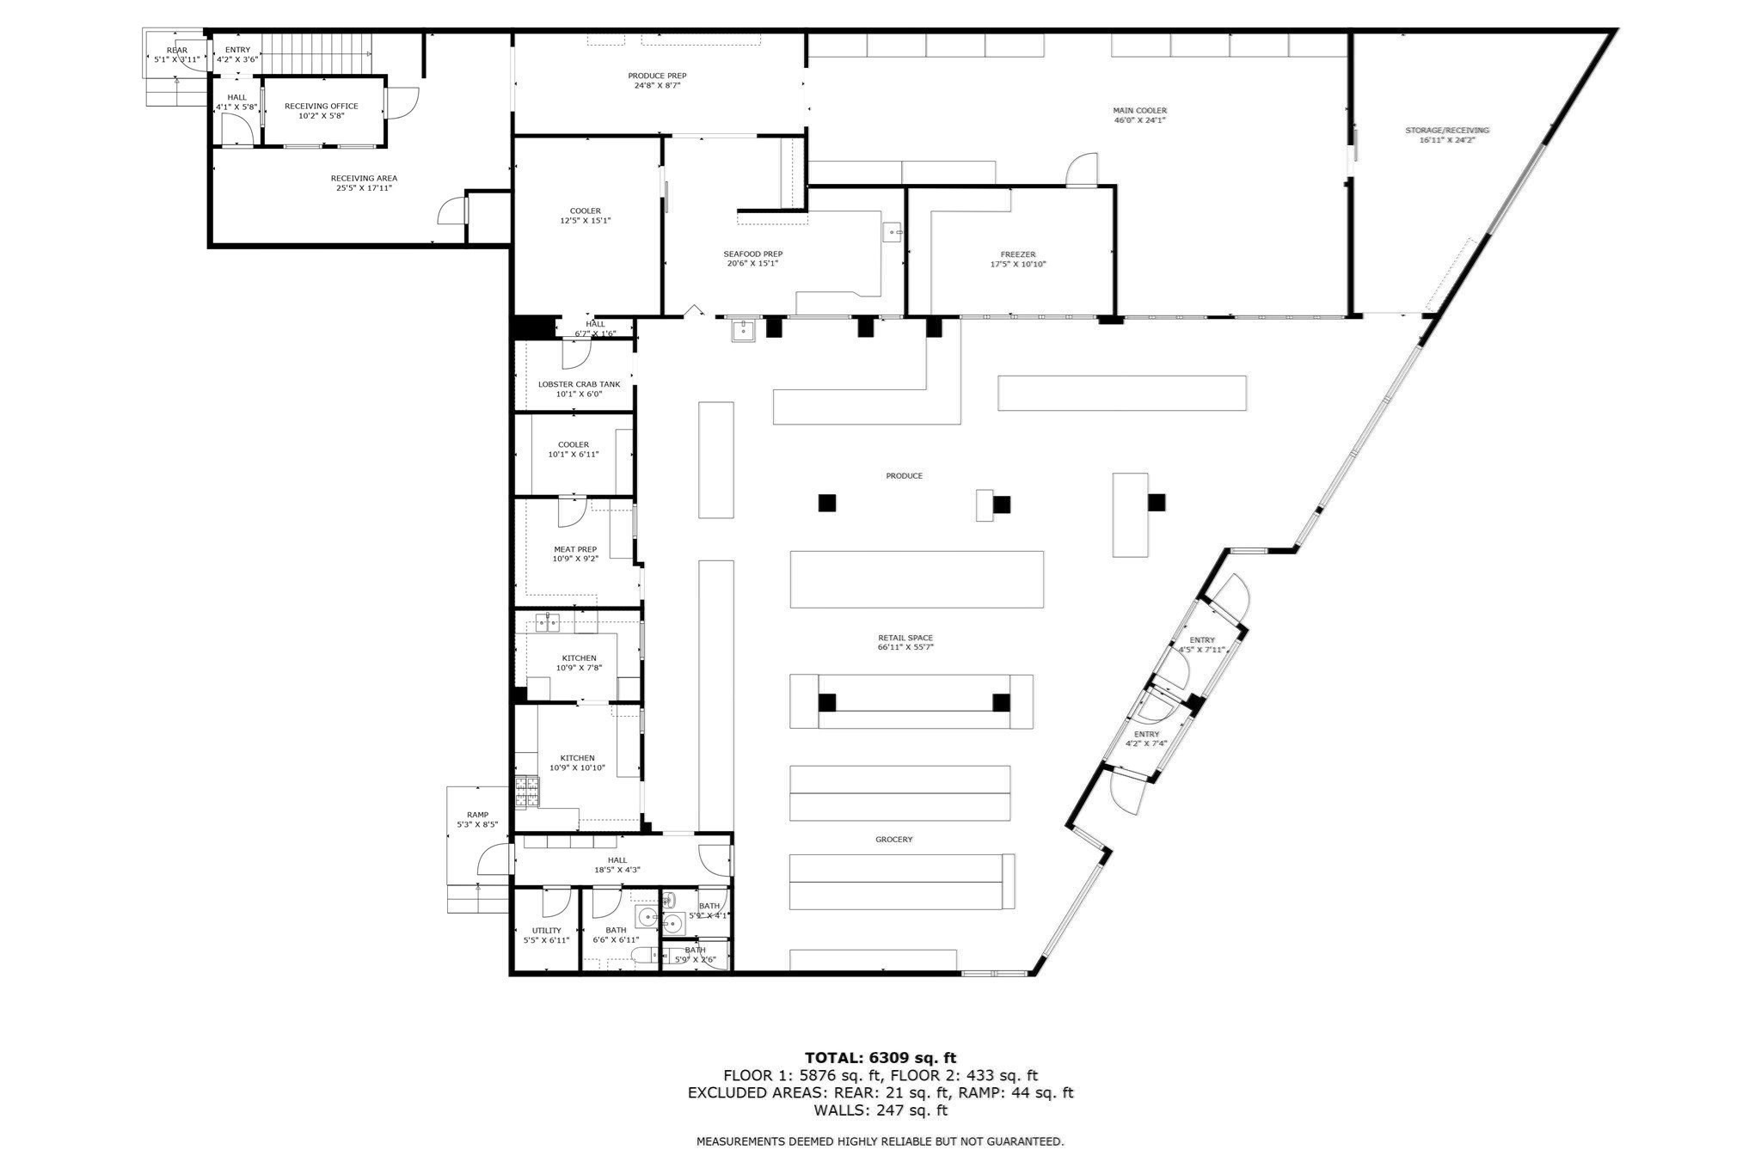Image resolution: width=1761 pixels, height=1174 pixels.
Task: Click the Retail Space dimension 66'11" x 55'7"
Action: coord(905,647)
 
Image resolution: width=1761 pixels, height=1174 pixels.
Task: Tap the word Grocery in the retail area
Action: coord(894,839)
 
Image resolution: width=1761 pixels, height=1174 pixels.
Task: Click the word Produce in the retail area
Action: coord(905,475)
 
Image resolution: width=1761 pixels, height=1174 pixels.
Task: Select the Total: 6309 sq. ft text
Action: coord(880,1058)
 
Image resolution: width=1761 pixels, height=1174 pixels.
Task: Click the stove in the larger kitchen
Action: coord(526,792)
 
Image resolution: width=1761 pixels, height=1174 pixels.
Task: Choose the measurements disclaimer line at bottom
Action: coord(880,1141)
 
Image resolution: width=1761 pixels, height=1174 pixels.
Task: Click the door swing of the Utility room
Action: coord(556,904)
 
